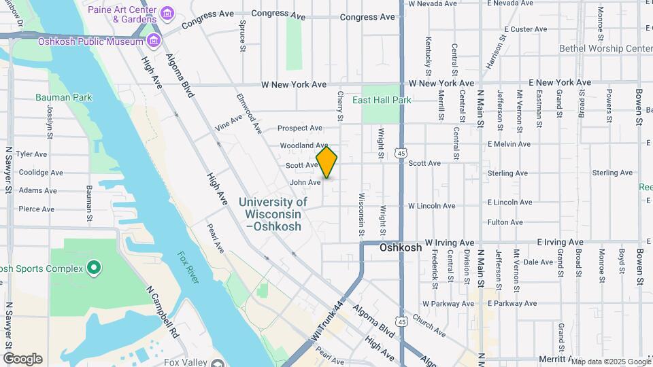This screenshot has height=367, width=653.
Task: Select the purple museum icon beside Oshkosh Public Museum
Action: pos(154,41)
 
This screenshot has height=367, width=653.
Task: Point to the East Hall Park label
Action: pos(382,100)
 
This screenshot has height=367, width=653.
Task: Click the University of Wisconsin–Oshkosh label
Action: pos(273,214)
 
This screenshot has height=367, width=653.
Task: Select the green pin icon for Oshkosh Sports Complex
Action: pos(94,268)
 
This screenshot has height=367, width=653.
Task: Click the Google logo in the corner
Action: pos(22,359)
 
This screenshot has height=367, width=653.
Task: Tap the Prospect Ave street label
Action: pos(300,128)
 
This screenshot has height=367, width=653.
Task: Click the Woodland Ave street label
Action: pos(304,145)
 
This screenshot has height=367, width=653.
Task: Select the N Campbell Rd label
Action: pos(163,312)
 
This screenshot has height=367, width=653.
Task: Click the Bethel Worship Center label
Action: pos(605,49)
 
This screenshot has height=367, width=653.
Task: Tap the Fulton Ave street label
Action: pos(505,222)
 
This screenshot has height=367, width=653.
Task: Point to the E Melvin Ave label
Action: pos(508,144)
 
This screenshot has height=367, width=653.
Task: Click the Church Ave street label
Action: pos(429,328)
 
